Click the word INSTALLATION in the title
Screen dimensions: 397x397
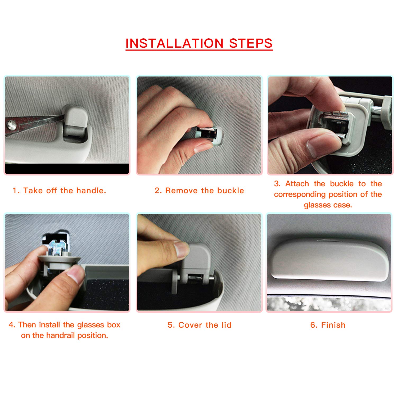(175, 43)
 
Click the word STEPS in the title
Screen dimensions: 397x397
(251, 43)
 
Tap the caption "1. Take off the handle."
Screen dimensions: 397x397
(59, 191)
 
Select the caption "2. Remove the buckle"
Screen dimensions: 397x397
(199, 191)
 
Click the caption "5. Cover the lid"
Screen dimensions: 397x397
(200, 325)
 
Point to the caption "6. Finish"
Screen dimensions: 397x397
(328, 325)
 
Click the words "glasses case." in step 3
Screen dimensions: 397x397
(328, 205)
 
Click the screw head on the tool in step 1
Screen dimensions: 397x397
(11, 125)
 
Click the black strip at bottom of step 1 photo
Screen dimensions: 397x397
(67, 169)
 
